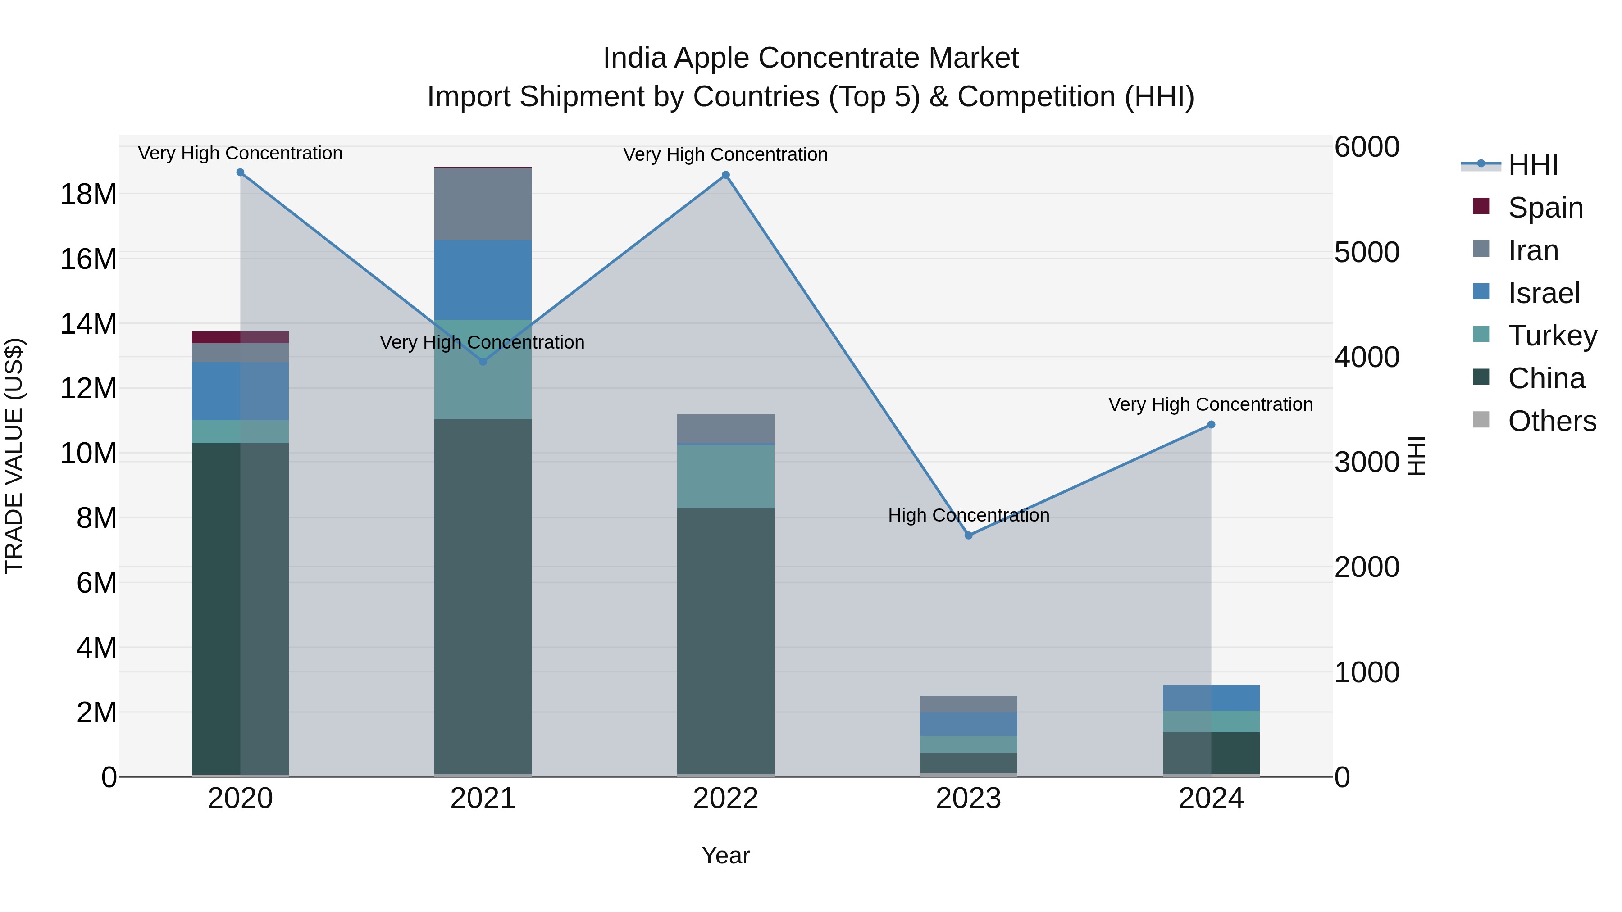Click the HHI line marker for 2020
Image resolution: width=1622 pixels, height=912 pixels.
[240, 172]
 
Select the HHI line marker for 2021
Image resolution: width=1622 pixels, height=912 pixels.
[483, 361]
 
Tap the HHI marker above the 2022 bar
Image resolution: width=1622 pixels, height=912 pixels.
[725, 175]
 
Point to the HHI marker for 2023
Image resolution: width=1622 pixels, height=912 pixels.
[968, 535]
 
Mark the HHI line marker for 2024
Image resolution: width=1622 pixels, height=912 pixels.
[1211, 425]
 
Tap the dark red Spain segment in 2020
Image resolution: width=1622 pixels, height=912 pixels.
[215, 337]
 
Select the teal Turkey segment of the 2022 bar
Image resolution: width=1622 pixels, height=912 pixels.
[725, 476]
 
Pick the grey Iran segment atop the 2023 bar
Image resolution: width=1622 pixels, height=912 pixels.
[968, 704]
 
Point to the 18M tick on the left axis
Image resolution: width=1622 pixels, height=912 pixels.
[88, 195]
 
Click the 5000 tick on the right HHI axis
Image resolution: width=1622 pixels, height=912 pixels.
[1367, 252]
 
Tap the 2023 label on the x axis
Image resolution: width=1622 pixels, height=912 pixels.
[968, 799]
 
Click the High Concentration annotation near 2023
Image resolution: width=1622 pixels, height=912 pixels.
[968, 516]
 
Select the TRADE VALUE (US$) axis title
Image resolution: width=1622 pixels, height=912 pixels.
[14, 456]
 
